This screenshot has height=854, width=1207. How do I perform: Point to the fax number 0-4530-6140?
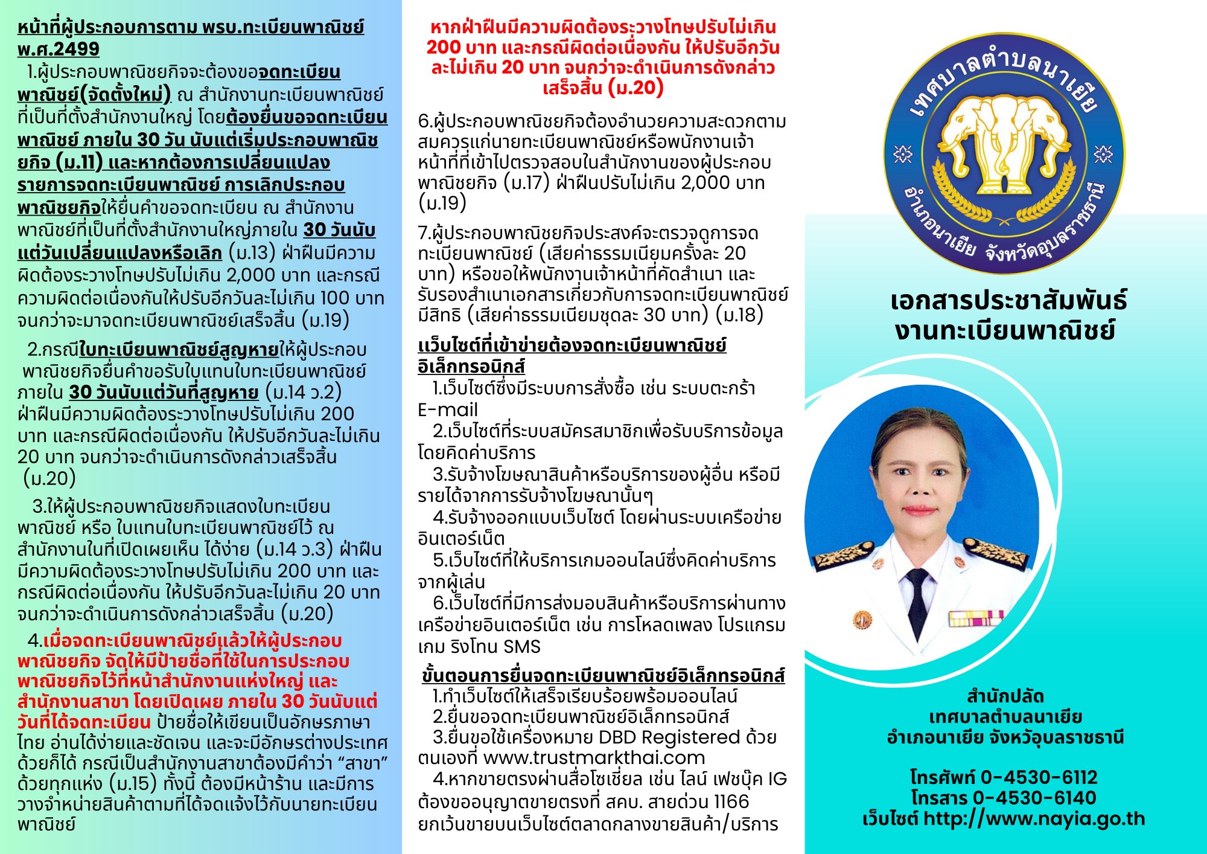[x=1034, y=798]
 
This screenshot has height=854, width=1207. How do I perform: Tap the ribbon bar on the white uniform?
[x=976, y=618]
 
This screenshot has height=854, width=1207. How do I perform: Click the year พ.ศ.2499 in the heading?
[x=58, y=49]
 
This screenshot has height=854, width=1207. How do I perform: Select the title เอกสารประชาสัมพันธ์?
[x=1008, y=301]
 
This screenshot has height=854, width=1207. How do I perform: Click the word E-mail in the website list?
[x=448, y=410]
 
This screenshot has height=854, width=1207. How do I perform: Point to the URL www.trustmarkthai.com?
[x=594, y=757]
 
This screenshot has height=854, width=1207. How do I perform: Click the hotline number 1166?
[x=731, y=802]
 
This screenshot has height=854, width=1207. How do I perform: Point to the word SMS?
[x=522, y=647]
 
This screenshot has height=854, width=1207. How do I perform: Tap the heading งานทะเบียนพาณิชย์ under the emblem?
[x=1005, y=330]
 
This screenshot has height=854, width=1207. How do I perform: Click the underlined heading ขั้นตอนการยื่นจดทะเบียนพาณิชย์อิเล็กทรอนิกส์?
[x=603, y=675]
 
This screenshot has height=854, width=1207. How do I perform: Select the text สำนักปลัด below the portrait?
[x=1005, y=696]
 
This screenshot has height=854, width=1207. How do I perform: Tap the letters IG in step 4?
[x=777, y=779]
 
